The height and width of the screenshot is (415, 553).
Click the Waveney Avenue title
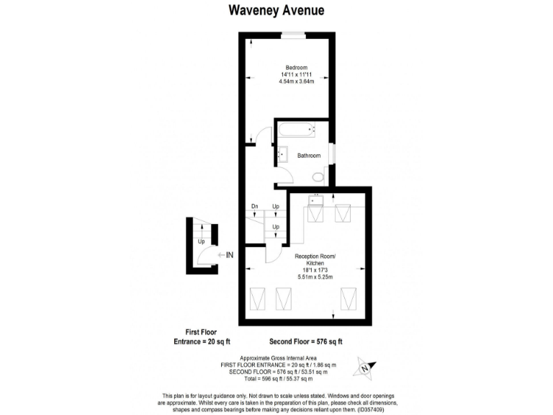click(276, 10)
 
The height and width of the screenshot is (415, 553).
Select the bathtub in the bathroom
click(296, 132)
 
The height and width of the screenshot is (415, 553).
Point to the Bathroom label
click(309, 156)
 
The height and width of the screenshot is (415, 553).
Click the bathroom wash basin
click(283, 154)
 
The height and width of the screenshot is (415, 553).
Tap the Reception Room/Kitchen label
click(316, 260)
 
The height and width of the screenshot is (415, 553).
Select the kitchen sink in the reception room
click(315, 199)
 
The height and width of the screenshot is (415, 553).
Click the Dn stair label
click(254, 207)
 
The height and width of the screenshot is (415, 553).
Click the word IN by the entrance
click(230, 254)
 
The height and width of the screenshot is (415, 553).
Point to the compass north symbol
click(364, 368)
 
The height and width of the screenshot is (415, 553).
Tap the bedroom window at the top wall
click(292, 35)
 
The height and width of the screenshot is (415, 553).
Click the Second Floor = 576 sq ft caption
click(305, 341)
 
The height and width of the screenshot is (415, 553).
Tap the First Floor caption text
click(203, 332)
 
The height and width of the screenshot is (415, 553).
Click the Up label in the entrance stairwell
click(202, 241)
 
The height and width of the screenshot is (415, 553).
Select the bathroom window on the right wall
click(331, 154)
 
